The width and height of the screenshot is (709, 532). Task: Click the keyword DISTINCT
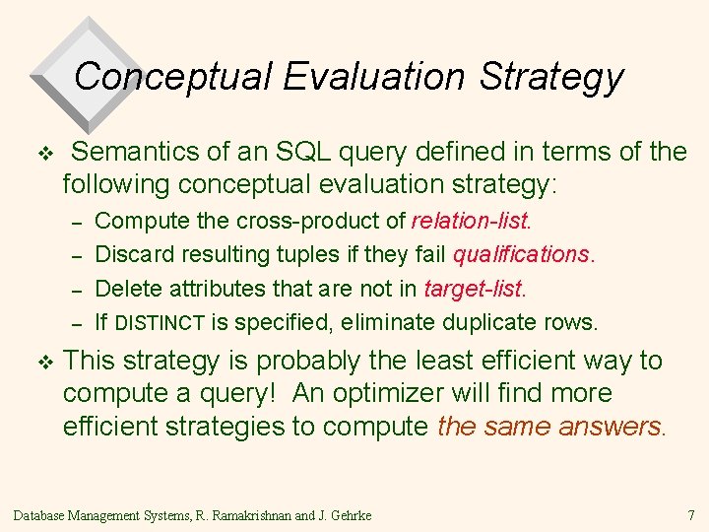[160, 322]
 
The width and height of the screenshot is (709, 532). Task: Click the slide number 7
[690, 515]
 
